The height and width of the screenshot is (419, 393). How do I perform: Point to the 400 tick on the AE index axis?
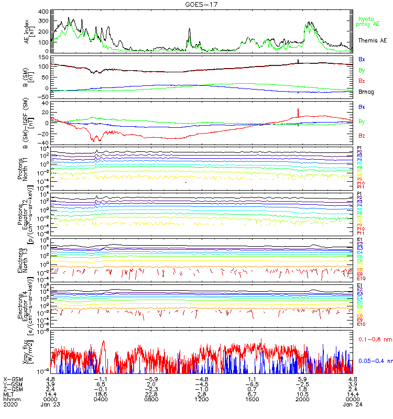[x=44, y=12]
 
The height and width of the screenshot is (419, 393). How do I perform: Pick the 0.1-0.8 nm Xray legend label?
[x=374, y=339]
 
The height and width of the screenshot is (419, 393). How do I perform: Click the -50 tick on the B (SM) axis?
[x=45, y=96]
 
